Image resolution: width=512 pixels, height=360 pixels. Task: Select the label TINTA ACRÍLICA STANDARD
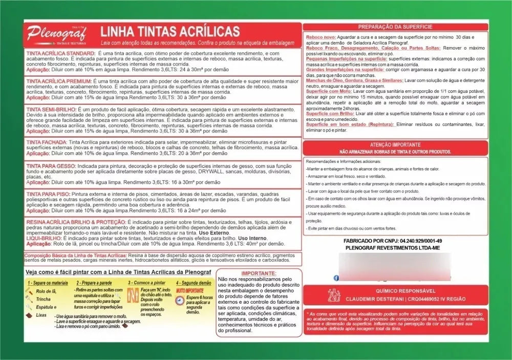click(x=60, y=53)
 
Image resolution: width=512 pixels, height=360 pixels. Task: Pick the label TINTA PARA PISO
click(x=48, y=194)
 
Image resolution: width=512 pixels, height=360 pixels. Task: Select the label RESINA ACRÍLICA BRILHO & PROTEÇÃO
click(x=75, y=222)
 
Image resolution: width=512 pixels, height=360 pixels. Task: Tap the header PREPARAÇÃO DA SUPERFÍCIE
click(x=395, y=27)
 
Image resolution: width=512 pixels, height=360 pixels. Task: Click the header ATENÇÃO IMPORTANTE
click(x=395, y=145)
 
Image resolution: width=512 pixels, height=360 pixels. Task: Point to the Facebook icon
click(x=336, y=278)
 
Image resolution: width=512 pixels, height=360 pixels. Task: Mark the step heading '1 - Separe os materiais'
click(x=48, y=283)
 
